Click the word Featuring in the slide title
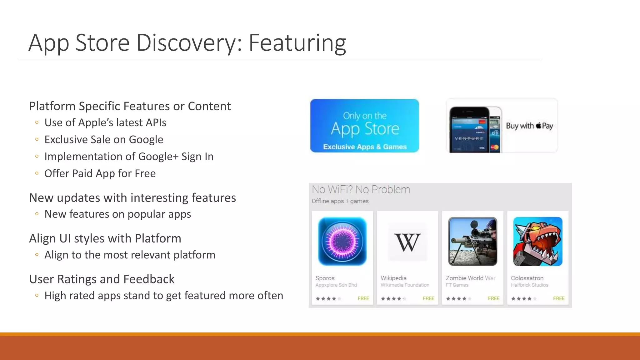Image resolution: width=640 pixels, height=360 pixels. coord(297,43)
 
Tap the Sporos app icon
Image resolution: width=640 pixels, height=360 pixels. coord(342,241)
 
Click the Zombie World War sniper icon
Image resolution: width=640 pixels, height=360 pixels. coord(472,241)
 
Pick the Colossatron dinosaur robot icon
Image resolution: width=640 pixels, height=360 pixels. coord(538,241)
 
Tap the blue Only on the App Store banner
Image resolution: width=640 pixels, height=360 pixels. coord(364,126)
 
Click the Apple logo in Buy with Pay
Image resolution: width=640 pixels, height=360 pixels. coord(538,126)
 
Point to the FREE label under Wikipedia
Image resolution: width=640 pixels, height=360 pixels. coord(428,298)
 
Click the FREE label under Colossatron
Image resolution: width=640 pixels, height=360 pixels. coord(559,298)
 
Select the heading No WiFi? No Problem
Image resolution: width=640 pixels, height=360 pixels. coord(361,190)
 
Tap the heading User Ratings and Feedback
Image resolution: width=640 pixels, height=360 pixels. coord(102,279)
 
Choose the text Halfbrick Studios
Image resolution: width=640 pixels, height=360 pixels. coord(529,285)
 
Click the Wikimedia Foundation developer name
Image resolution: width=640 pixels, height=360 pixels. coord(405,285)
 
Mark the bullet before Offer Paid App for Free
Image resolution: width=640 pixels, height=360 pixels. coord(37,173)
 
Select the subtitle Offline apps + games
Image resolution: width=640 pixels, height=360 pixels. coord(340,201)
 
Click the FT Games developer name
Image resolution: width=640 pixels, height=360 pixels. coord(457,285)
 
